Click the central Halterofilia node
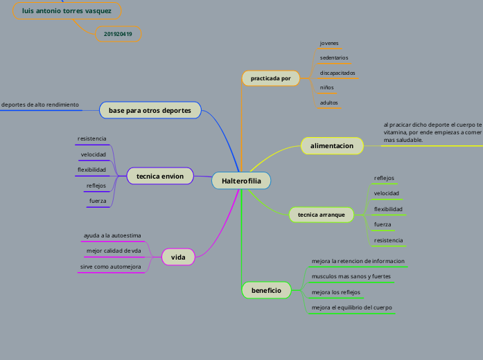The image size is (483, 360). pos(241,181)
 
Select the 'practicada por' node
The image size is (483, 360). pos(270,79)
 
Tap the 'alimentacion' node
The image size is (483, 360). pos(332,146)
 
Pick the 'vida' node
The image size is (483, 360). pos(178,258)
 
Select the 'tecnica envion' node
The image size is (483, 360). pos(160,177)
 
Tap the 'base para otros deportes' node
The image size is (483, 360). pos(150,111)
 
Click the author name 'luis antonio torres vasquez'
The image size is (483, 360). pos(67,12)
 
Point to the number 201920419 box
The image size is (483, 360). pos(118,33)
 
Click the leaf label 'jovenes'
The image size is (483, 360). pos(329,44)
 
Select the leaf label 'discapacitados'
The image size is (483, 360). pos(337,73)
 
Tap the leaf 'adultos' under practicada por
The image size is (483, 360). pos(329,102)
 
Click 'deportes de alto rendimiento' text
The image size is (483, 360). pos(39,105)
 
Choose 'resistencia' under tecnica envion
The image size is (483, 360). pos(92,139)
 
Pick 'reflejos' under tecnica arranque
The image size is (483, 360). pos(384,178)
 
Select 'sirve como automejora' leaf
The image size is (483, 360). pos(111,267)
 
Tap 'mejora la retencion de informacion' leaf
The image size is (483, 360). pos(358,261)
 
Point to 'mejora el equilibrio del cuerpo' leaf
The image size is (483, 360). pos(352,307)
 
